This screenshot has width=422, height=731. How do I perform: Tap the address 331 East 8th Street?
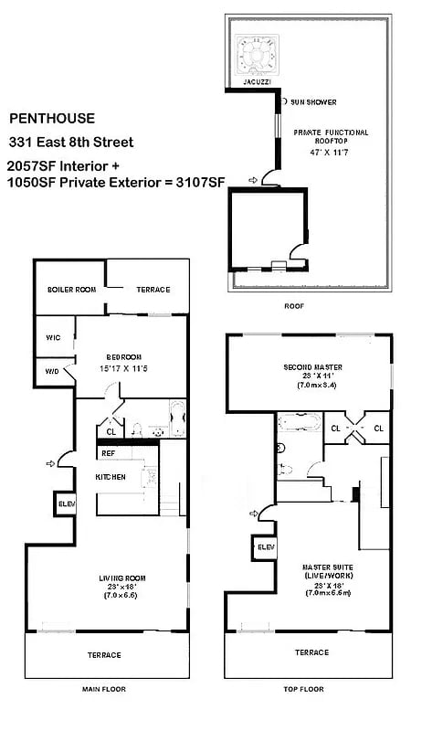click(71, 142)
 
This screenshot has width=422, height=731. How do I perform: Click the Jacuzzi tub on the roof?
click(256, 56)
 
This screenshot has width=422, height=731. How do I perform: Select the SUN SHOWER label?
click(313, 102)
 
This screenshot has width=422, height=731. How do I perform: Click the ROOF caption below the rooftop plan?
click(293, 305)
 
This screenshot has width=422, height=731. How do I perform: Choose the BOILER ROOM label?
click(72, 290)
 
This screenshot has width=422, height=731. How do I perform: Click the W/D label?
click(52, 371)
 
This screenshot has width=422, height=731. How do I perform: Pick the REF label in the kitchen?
click(108, 452)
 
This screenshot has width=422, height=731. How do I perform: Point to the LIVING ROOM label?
click(122, 577)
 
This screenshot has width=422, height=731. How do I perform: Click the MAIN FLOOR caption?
click(102, 688)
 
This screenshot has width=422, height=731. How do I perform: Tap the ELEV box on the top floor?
click(265, 546)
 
